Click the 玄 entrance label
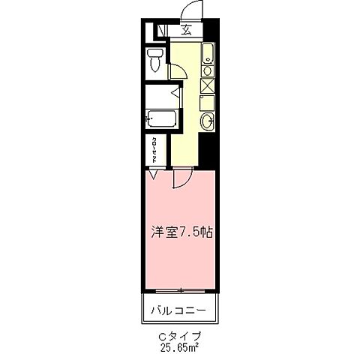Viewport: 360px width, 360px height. coord(185,31)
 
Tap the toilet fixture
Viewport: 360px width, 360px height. coord(154,60)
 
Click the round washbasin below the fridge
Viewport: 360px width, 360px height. coord(207,121)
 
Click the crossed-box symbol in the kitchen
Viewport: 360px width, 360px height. coord(207,85)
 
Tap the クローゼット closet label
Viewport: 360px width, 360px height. coord(153,150)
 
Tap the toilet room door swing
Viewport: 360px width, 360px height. coord(178,72)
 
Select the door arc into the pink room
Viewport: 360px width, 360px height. coord(182,179)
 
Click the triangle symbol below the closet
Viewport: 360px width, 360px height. coord(153,175)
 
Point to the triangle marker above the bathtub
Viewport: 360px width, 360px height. coord(175,94)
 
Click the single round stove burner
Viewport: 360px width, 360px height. coord(207,70)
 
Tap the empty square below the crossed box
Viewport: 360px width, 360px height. coord(208,102)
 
